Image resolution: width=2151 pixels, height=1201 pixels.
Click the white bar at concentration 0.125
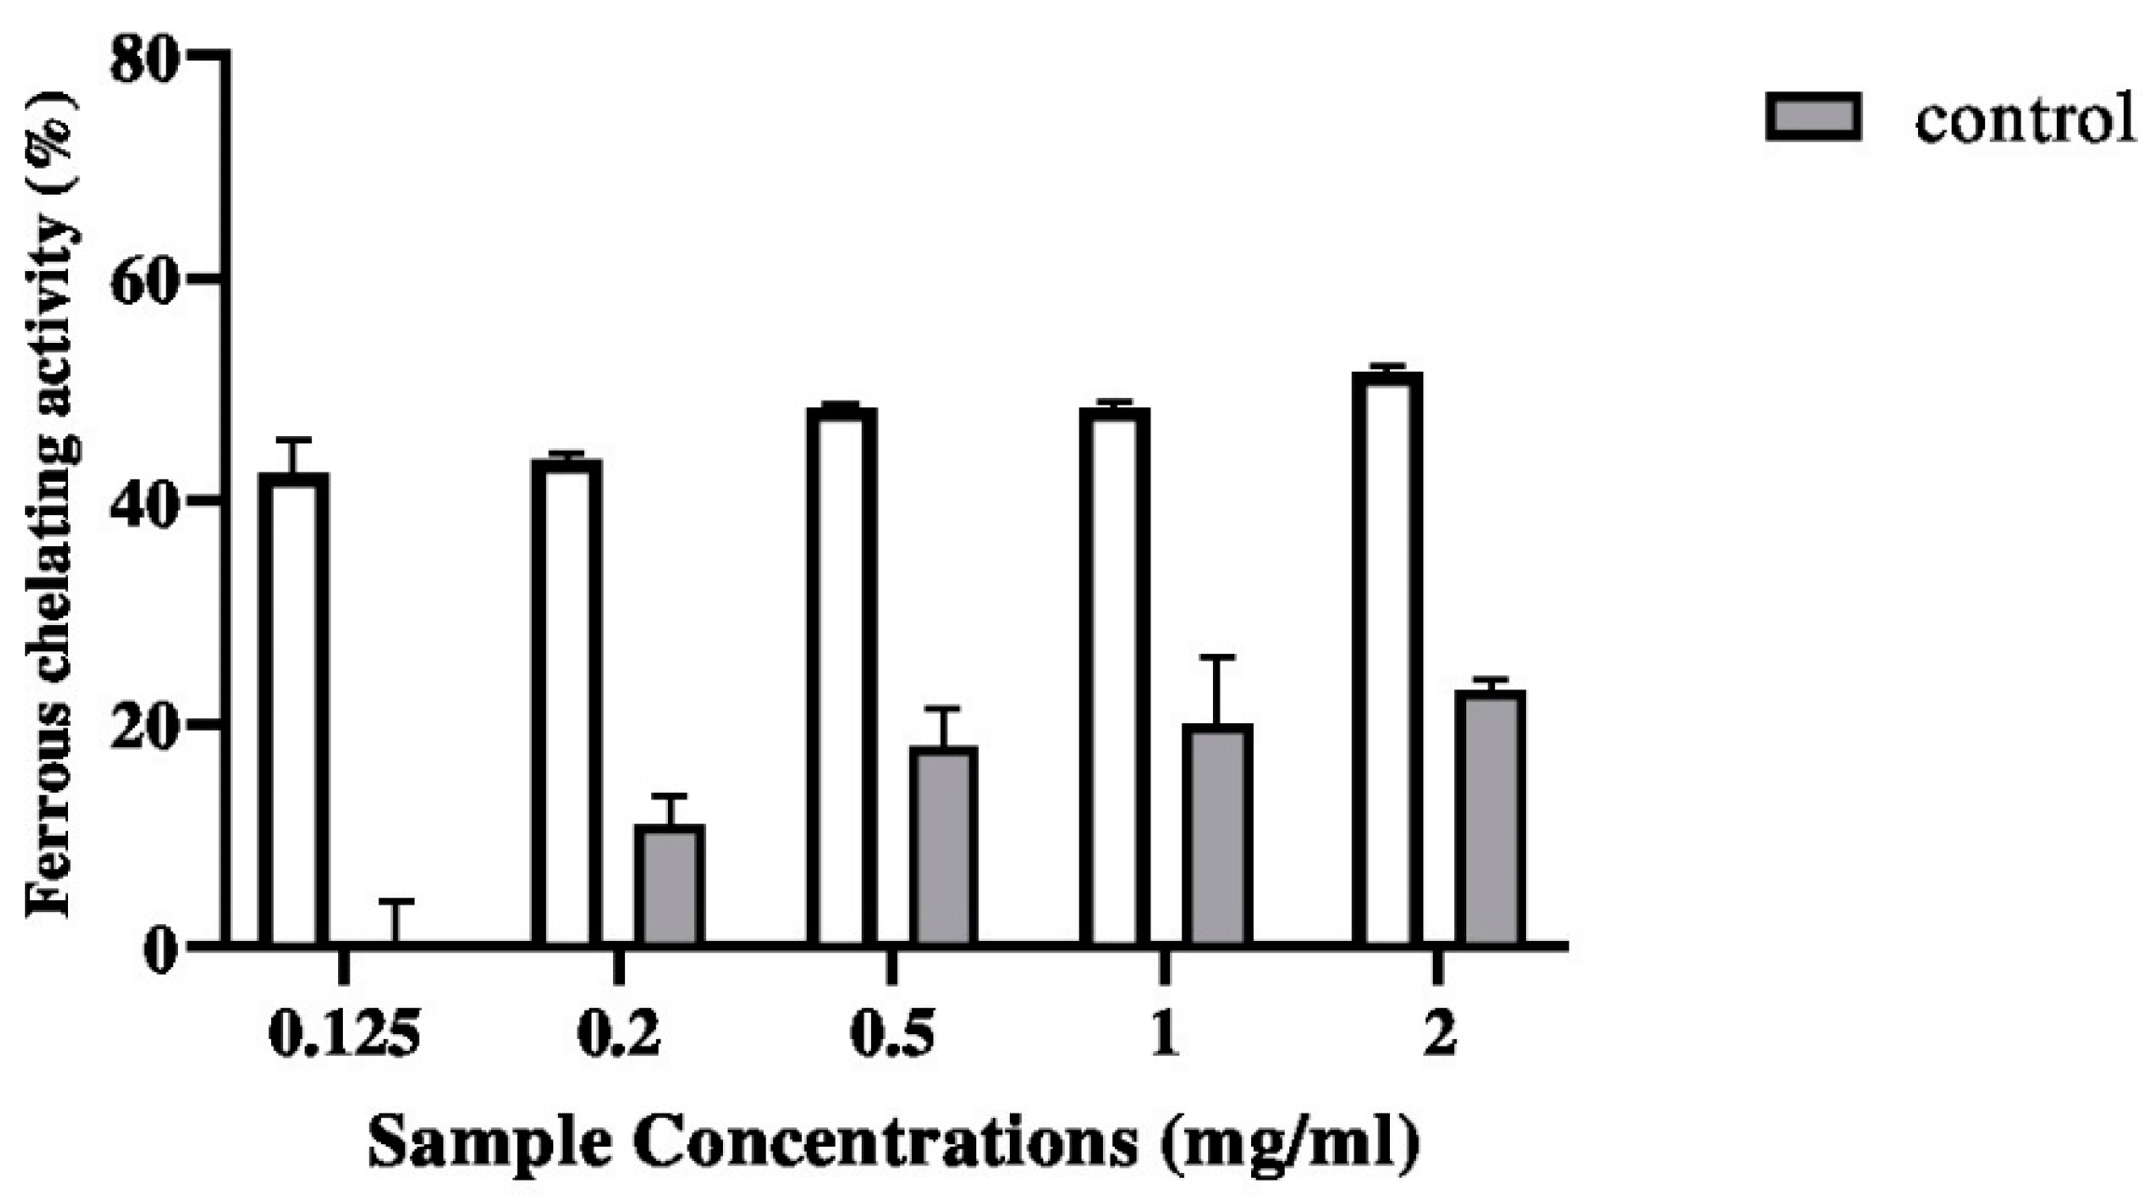tap(293, 708)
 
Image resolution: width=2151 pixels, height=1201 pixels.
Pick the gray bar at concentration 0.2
tap(670, 884)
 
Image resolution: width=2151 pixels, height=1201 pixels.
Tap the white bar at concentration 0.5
tap(841, 676)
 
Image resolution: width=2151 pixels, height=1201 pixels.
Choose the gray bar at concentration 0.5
tap(943, 845)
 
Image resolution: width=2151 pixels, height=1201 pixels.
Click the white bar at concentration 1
tap(1114, 676)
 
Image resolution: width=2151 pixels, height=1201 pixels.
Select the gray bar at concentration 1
tap(1218, 834)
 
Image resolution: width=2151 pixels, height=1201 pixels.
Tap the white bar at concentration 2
tap(1387, 658)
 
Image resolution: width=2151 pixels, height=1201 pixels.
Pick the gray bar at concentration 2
tap(1490, 817)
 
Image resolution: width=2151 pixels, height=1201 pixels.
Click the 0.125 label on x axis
tap(344, 1036)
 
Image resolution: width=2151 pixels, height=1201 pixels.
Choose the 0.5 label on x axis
tap(892, 1036)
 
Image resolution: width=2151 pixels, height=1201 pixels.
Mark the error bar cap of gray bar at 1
tap(1217, 657)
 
